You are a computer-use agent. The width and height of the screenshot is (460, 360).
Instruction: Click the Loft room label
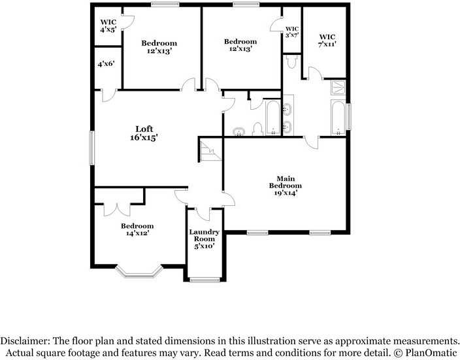pos(144,133)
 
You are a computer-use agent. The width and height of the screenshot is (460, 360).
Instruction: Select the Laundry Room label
pos(205,239)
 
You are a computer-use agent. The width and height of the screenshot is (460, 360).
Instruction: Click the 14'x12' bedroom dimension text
pos(137,234)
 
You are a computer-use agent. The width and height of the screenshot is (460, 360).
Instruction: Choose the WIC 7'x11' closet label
pos(327,40)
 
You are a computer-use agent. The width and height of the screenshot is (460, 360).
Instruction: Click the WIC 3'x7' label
pos(291,32)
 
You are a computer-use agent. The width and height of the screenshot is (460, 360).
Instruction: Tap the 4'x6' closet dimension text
pos(106,64)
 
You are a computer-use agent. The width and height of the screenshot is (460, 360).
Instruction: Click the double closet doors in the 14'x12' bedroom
pos(119,208)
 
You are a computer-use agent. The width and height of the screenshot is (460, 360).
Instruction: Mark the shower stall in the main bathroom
pos(338,88)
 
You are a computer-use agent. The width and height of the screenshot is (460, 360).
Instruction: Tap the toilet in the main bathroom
pos(292,62)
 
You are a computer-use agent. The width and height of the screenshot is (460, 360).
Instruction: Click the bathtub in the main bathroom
pos(338,118)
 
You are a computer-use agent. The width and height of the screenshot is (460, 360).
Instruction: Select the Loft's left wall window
pos(92,148)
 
